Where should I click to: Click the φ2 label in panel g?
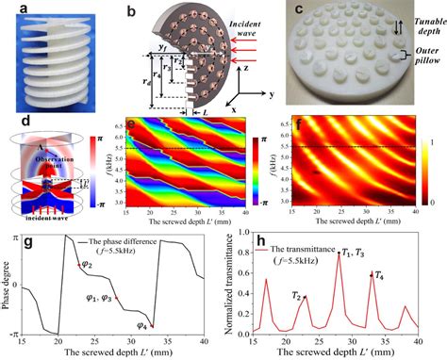tap(85, 265)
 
